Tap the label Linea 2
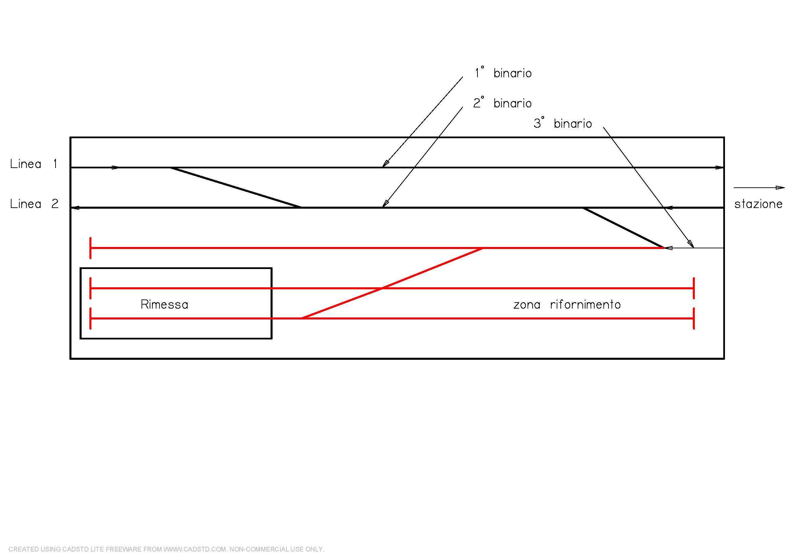tap(34, 204)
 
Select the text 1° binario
tap(503, 73)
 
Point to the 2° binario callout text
tap(502, 103)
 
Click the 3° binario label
tap(563, 124)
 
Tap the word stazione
tap(758, 204)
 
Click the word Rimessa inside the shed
tap(165, 305)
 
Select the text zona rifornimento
tap(567, 305)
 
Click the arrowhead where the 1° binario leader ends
tap(385, 164)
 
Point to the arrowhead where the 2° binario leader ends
tap(385, 204)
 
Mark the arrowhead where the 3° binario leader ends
tap(691, 244)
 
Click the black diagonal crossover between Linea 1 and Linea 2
tap(236, 187)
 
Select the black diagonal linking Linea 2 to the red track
tap(623, 228)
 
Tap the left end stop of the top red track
tap(90, 248)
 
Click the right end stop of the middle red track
tap(694, 288)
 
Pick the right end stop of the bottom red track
tap(694, 318)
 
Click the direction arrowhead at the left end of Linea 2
tap(76, 208)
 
